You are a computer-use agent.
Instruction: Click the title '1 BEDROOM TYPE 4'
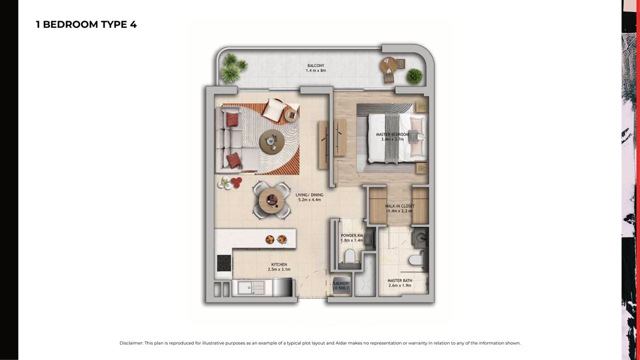click(x=86, y=24)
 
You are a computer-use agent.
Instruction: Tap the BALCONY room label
click(x=315, y=65)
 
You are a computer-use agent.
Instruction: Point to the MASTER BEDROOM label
click(x=392, y=134)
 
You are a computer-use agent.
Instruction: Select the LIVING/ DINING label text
click(x=309, y=195)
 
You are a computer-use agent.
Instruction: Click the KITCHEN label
click(x=279, y=264)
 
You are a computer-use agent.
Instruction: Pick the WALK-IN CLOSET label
click(x=399, y=206)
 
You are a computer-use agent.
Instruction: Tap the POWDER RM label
click(x=352, y=235)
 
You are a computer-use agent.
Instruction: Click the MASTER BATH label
click(x=399, y=280)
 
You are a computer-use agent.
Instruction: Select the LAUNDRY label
click(x=341, y=283)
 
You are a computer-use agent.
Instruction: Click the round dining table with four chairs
click(x=271, y=200)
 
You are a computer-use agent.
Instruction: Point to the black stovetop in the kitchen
click(x=224, y=263)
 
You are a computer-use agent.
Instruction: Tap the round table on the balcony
click(x=388, y=65)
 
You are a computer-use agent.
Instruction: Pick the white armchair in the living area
click(x=274, y=109)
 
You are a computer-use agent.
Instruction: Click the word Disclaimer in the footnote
click(x=131, y=343)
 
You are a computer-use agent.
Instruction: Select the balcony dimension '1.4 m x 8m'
click(x=315, y=70)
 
